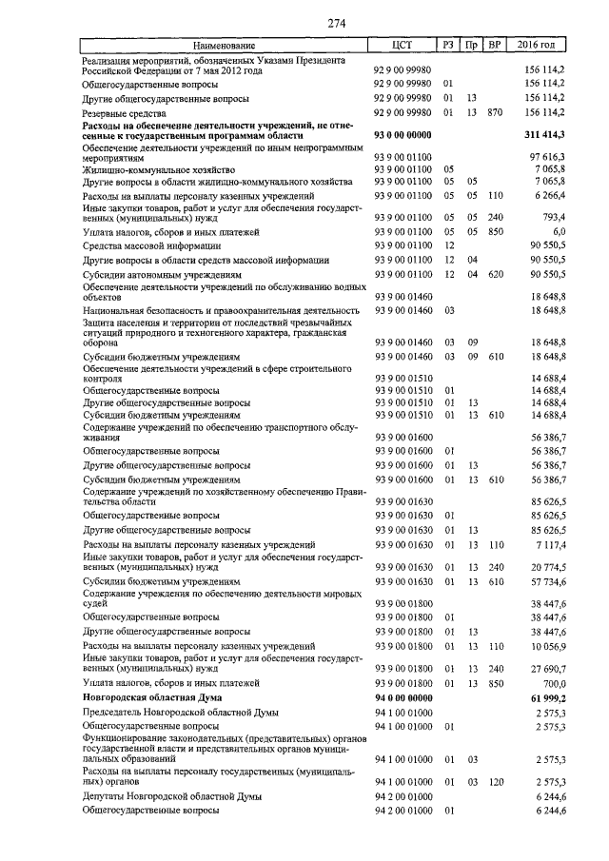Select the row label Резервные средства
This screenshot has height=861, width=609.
125,113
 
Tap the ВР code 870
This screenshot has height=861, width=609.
493,113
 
